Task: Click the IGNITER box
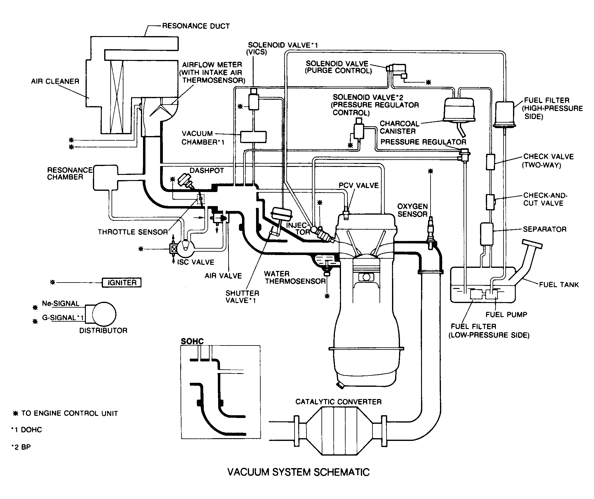(x=122, y=283)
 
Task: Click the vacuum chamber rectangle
(x=253, y=137)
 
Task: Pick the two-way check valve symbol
(x=490, y=162)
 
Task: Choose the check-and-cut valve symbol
(x=490, y=202)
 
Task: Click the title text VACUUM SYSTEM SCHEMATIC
(x=299, y=472)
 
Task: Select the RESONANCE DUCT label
(x=196, y=26)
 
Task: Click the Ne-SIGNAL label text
(x=61, y=304)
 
